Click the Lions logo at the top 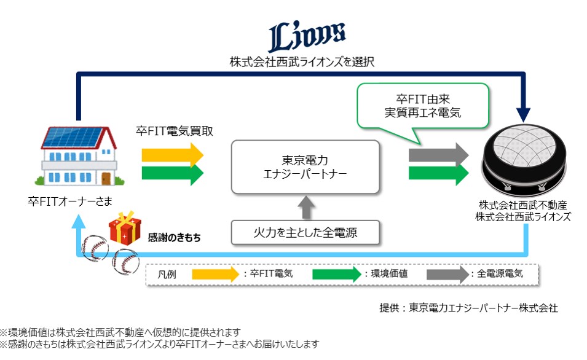click(307, 36)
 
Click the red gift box click(125, 228)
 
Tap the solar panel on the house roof click(73, 138)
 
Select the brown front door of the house click(106, 179)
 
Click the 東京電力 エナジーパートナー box click(305, 167)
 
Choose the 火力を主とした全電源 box click(305, 233)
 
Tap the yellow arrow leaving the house click(172, 155)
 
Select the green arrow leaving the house click(172, 173)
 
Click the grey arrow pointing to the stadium click(438, 155)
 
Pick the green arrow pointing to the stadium click(438, 173)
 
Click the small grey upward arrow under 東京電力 click(306, 207)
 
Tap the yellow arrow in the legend click(216, 275)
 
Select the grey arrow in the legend click(447, 275)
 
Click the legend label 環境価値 click(389, 273)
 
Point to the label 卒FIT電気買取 click(175, 131)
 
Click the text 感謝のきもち click(174, 238)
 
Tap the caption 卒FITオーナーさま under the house click(70, 202)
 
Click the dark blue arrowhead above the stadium click(523, 114)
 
